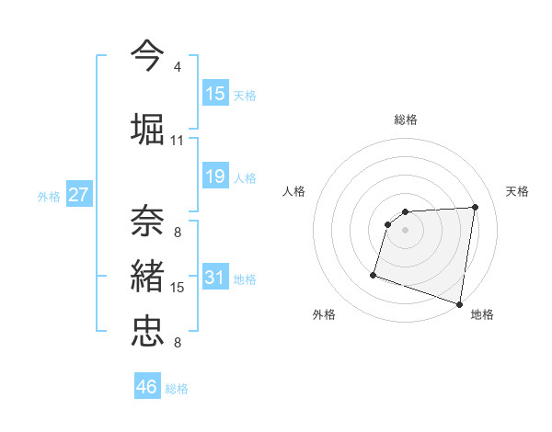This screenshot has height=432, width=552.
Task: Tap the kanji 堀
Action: point(148,129)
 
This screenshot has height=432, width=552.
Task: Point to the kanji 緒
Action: point(148,277)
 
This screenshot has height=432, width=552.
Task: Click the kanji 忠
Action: point(148,332)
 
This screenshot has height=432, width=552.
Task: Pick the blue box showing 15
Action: point(215,94)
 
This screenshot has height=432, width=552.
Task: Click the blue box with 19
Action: point(215,176)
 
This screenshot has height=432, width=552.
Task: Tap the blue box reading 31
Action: point(215,278)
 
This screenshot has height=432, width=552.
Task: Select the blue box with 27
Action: point(79,195)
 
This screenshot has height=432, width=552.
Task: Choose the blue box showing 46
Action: point(147,387)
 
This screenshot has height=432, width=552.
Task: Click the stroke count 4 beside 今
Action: point(178,67)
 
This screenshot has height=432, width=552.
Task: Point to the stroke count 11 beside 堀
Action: point(178,141)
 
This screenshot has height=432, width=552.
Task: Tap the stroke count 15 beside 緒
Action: point(178,288)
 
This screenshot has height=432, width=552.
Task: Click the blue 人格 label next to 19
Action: point(245,177)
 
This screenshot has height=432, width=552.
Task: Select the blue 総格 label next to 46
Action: point(177,389)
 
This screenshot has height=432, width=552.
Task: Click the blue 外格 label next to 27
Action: point(49,197)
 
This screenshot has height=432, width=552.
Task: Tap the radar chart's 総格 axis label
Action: point(406,119)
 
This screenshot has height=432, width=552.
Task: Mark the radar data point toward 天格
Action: point(475,207)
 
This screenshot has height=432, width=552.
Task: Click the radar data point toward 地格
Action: point(458,303)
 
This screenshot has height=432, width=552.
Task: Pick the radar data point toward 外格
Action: point(374,274)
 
